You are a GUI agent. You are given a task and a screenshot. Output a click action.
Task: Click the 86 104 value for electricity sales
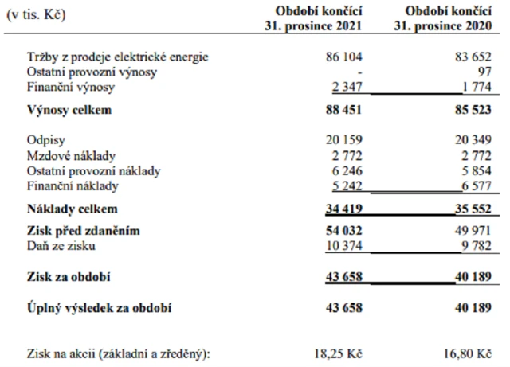(338, 59)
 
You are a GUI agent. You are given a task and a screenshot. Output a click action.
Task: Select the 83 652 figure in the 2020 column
(469, 59)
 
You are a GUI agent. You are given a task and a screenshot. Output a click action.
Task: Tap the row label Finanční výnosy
(62, 87)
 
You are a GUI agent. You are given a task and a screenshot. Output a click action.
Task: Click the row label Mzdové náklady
(67, 158)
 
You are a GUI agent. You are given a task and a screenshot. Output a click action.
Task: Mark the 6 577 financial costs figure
(471, 186)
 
